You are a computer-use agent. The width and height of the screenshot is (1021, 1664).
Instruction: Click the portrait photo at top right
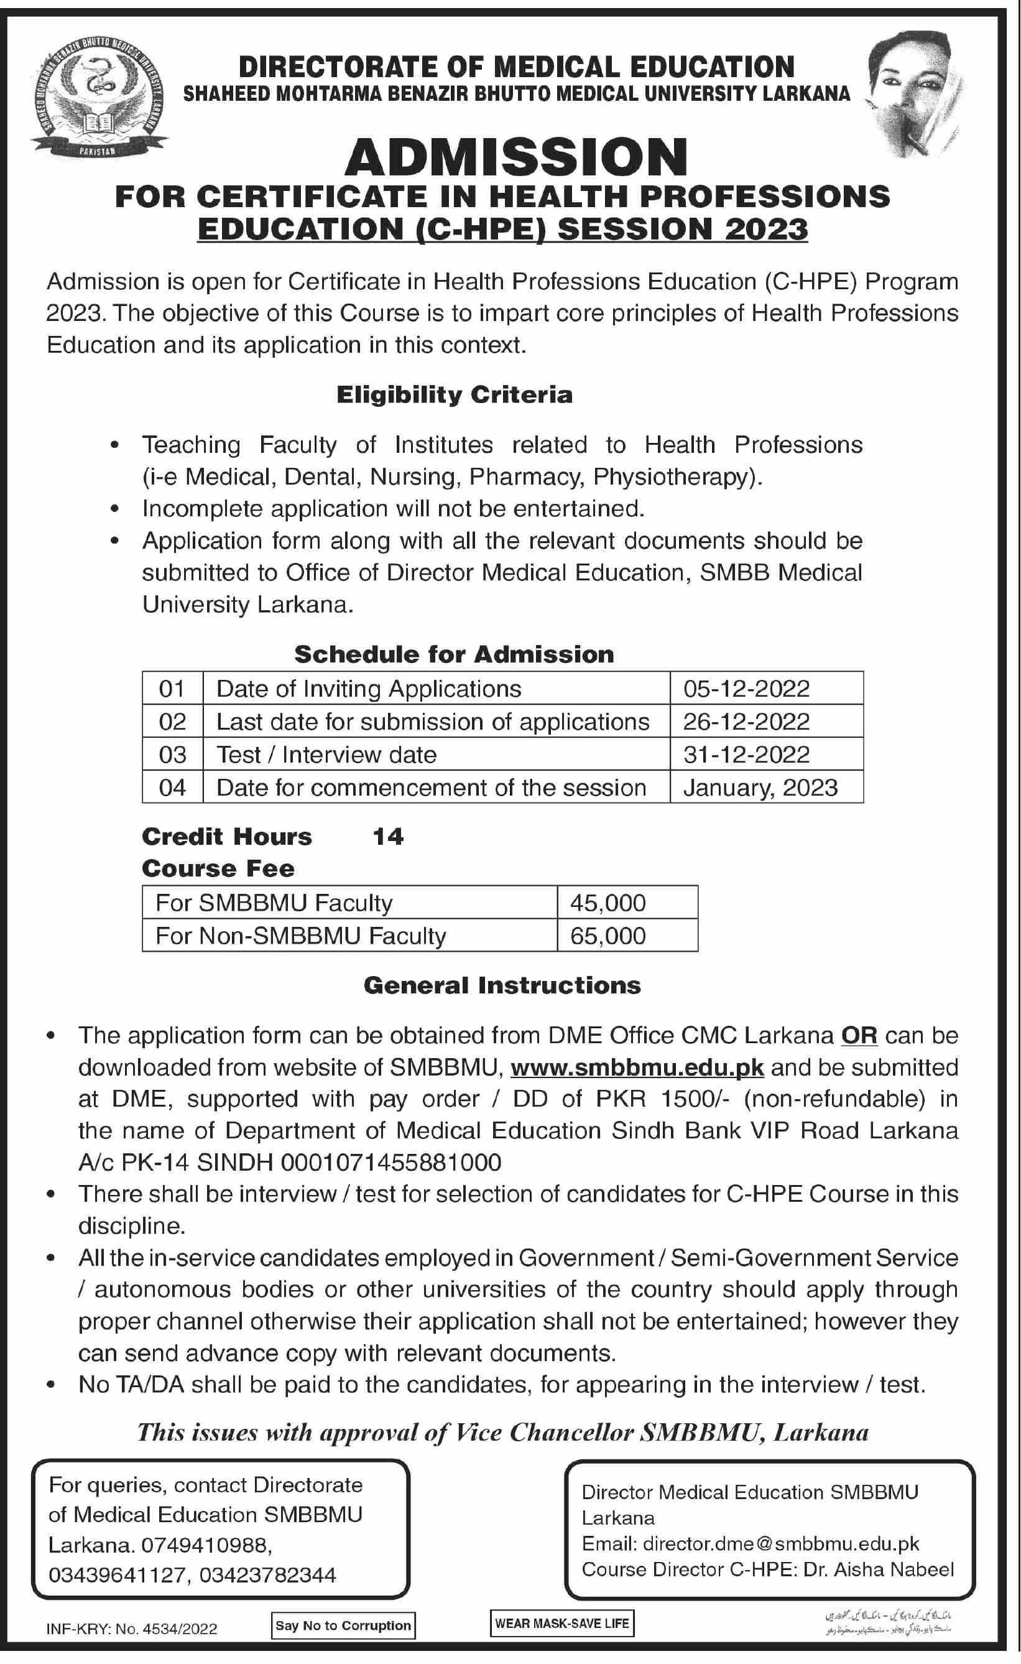click(x=917, y=95)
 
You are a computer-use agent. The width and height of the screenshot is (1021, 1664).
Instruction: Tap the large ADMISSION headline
click(x=516, y=157)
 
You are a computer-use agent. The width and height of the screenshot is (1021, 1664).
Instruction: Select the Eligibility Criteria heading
click(x=455, y=394)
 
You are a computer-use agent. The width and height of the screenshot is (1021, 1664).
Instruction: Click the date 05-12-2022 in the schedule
click(x=746, y=688)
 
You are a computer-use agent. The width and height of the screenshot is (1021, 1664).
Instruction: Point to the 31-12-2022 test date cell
click(x=746, y=755)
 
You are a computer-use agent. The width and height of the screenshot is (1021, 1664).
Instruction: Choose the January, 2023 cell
click(x=760, y=788)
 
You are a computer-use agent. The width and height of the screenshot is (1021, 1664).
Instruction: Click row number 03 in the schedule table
click(x=172, y=755)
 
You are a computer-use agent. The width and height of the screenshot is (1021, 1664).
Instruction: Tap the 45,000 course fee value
click(x=608, y=903)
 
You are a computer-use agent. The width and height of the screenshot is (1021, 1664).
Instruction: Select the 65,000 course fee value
click(x=608, y=936)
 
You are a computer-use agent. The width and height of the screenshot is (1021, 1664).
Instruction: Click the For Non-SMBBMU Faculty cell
click(x=301, y=936)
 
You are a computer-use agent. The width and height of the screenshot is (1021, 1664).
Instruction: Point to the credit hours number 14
click(x=388, y=837)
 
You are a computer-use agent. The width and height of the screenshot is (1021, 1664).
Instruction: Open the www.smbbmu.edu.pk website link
click(x=637, y=1067)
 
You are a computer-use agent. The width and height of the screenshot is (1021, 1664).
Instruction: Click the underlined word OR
click(x=859, y=1035)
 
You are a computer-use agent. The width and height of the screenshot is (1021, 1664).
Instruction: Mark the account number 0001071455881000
click(x=391, y=1162)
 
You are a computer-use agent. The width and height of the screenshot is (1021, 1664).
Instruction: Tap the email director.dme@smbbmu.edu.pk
click(x=781, y=1545)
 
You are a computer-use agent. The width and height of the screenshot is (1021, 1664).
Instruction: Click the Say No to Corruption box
click(x=343, y=1626)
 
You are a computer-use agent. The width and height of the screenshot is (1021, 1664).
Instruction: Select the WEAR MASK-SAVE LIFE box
click(x=562, y=1624)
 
